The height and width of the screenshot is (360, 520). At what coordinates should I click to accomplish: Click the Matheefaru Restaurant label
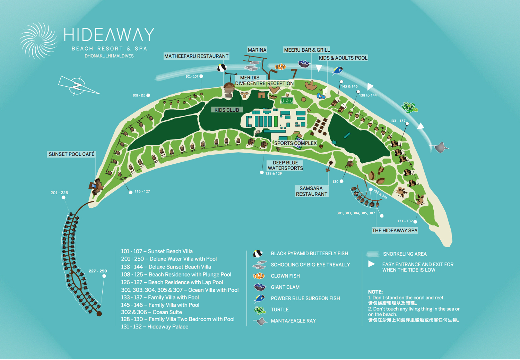(196, 56)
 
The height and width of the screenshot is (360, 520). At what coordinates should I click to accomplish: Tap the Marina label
(257, 50)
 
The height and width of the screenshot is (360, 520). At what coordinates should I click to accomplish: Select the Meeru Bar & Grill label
(307, 50)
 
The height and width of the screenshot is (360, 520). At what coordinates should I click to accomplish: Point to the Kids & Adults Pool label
(343, 58)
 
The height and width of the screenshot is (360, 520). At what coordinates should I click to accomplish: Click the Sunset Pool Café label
(71, 154)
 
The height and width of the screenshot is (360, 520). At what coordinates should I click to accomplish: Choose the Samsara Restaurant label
(311, 191)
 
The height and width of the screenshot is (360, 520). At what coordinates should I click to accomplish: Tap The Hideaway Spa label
(395, 231)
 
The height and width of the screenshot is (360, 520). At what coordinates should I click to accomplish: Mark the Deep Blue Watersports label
(285, 165)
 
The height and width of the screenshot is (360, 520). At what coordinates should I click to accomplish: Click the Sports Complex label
(295, 143)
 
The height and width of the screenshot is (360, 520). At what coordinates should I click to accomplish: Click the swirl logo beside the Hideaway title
(38, 41)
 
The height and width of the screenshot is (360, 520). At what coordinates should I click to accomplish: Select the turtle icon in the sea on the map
(409, 108)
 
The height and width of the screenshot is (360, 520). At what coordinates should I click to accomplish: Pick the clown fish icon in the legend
(259, 276)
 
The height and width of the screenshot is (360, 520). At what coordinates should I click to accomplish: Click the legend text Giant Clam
(285, 287)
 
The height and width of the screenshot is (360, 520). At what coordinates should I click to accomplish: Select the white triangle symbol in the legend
(372, 264)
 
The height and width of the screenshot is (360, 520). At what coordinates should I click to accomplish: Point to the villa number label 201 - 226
(59, 193)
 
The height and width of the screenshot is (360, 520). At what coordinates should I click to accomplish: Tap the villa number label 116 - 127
(142, 191)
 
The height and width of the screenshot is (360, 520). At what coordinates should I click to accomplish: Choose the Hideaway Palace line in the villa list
(155, 327)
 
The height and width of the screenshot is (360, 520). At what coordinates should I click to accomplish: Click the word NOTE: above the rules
(375, 292)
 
